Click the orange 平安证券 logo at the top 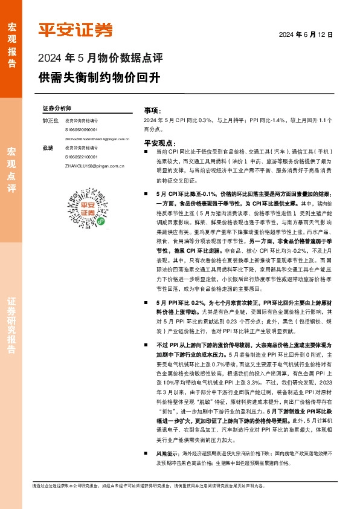[x=76, y=30]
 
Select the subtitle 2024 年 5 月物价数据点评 [x=100, y=59]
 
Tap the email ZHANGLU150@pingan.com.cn [x=94, y=166]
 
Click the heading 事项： [x=152, y=111]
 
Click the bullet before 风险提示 [x=146, y=453]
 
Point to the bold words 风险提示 [x=166, y=453]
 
